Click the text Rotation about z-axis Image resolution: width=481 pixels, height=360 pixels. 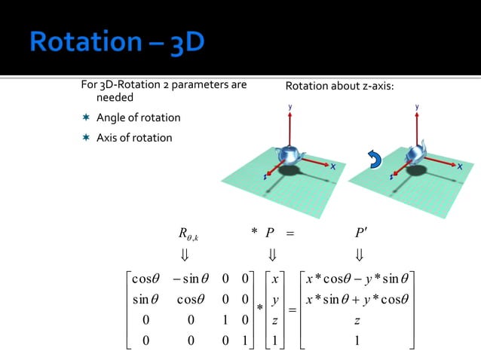click(339, 87)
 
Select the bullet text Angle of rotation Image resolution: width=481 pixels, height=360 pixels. click(137, 118)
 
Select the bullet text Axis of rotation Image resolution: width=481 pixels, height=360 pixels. click(133, 138)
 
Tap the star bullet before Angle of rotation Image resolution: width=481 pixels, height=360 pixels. click(87, 118)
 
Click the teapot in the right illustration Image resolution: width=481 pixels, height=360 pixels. click(415, 155)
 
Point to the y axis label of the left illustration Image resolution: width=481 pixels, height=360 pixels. click(290, 108)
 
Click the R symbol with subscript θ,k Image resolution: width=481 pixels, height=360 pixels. click(185, 230)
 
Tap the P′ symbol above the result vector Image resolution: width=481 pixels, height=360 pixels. click(360, 230)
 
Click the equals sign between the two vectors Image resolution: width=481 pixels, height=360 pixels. click(291, 310)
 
